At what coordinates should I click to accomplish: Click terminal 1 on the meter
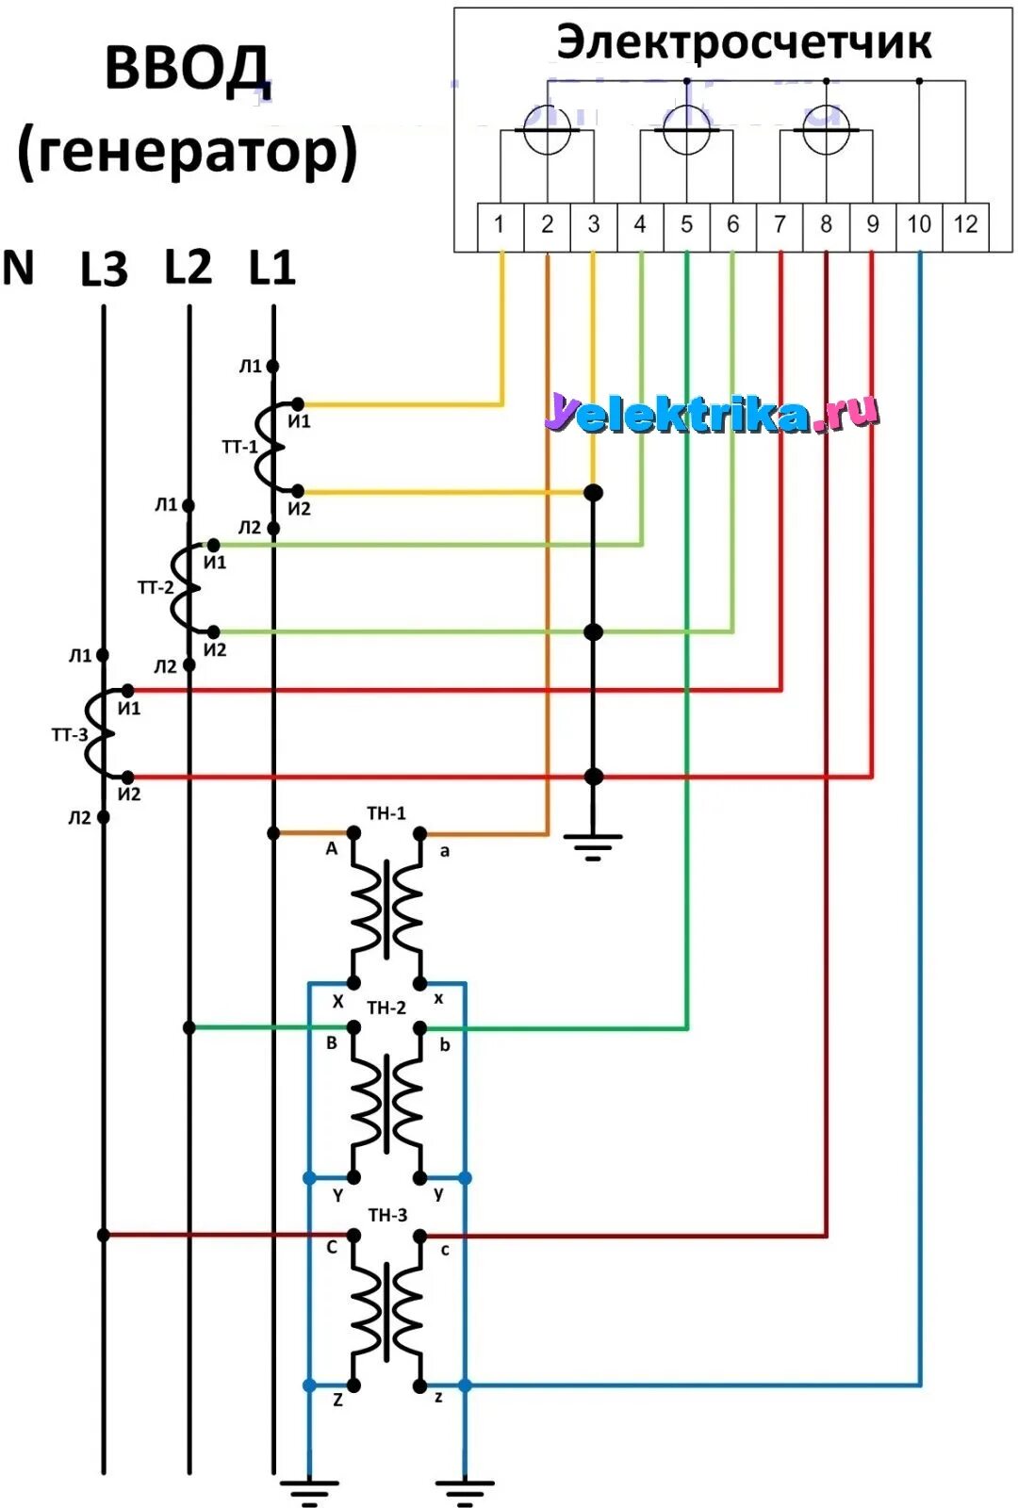[x=500, y=225]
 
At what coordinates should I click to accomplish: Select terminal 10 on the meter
[x=919, y=225]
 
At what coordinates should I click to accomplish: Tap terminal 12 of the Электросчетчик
[x=965, y=225]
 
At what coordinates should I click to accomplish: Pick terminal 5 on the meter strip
[x=686, y=225]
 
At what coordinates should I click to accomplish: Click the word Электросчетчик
[x=744, y=43]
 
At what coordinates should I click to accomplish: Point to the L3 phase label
[x=104, y=270]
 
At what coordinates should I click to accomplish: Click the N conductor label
[x=19, y=269]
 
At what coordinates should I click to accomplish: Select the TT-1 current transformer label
[x=238, y=447]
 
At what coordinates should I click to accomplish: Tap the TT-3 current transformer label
[x=69, y=735]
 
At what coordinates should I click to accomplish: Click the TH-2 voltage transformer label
[x=386, y=1008]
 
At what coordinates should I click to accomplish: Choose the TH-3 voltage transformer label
[x=387, y=1215]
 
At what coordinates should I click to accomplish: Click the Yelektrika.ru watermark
[x=712, y=413]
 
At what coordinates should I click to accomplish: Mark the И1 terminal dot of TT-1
[x=298, y=404]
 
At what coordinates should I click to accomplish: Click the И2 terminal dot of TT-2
[x=214, y=631]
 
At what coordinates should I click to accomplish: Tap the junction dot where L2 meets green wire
[x=189, y=1027]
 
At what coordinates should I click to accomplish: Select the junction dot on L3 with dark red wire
[x=104, y=1235]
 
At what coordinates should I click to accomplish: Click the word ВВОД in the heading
[x=188, y=69]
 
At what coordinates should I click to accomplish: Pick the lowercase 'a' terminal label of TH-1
[x=445, y=851]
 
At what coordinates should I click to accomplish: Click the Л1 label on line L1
[x=250, y=366]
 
